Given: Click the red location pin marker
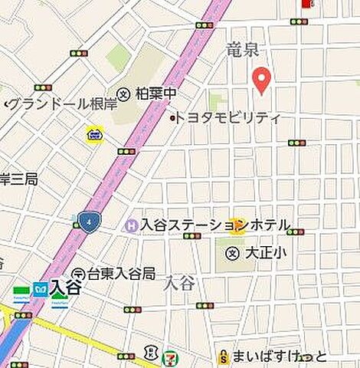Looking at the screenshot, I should (x=261, y=80).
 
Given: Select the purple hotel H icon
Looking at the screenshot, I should (x=130, y=225).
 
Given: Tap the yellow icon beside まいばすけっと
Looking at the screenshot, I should (x=223, y=356).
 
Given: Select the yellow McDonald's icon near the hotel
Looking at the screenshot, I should (x=239, y=224).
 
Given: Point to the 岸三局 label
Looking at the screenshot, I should (x=18, y=179).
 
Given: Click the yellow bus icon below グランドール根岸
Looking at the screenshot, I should (x=94, y=135).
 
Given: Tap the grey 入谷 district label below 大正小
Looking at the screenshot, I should (x=179, y=283).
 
